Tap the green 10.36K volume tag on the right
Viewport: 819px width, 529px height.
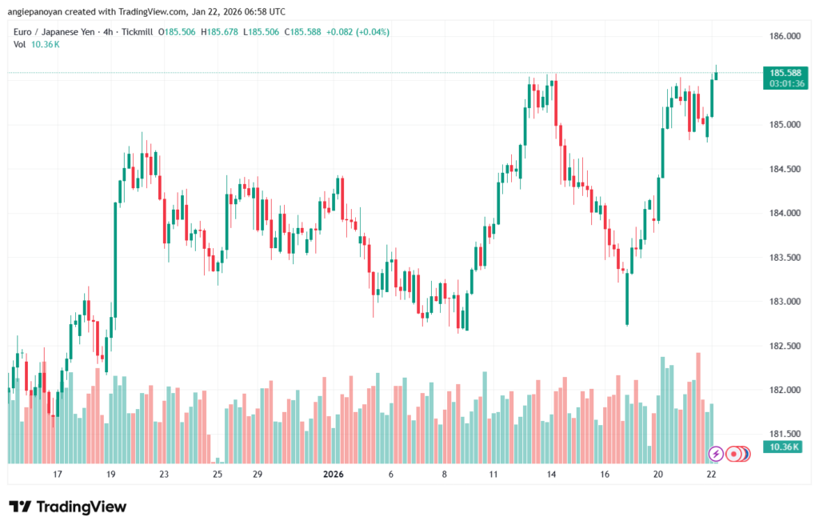(x=782, y=447)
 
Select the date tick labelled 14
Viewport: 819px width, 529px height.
(x=551, y=475)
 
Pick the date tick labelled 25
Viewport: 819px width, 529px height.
(x=218, y=475)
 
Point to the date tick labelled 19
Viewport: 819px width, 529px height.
(x=111, y=475)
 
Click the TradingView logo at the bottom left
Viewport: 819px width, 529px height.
(x=67, y=507)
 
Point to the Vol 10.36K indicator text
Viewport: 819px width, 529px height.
(x=36, y=44)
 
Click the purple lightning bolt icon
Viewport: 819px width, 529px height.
(x=716, y=454)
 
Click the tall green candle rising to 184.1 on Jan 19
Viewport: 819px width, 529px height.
(x=115, y=256)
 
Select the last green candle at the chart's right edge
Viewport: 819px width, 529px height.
(x=716, y=75)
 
